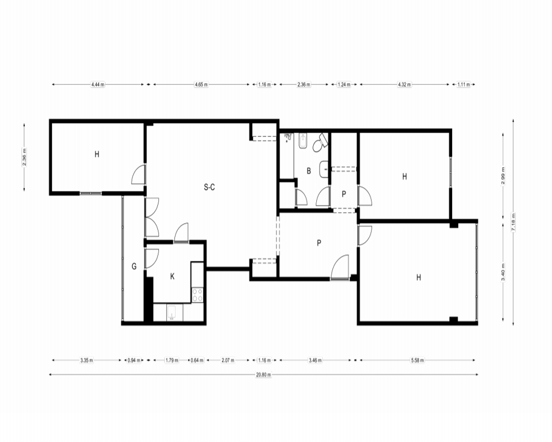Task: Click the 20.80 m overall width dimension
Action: pos(263,375)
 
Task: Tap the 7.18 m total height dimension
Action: pos(513,222)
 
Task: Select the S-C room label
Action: pos(209,187)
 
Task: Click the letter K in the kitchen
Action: pos(172,276)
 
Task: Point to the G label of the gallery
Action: pos(134,266)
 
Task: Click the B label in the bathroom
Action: pos(309,171)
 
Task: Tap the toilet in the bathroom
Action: pos(320,143)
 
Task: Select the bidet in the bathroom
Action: pos(302,141)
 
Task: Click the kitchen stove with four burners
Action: pos(198,294)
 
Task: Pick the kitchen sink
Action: pos(172,312)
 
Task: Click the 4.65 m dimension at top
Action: pos(201,85)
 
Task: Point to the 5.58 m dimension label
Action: pos(417,360)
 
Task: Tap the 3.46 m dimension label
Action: pos(315,360)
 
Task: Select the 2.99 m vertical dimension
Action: pos(503,175)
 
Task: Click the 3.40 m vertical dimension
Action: pos(503,272)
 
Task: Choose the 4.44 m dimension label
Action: pos(98,85)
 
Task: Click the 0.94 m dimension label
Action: pos(134,360)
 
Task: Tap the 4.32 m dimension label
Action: pos(405,85)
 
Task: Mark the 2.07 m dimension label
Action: pos(228,360)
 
